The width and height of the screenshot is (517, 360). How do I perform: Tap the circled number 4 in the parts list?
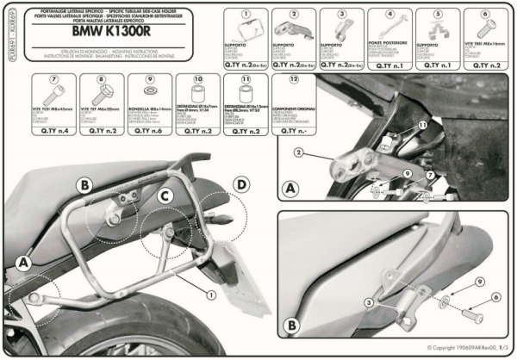(389, 14)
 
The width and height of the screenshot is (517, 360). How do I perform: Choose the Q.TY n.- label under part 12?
(295, 133)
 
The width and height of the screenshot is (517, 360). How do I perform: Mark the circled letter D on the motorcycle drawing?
(242, 184)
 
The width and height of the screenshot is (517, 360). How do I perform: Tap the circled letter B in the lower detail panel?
(290, 326)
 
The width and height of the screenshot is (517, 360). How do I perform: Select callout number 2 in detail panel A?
(297, 152)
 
